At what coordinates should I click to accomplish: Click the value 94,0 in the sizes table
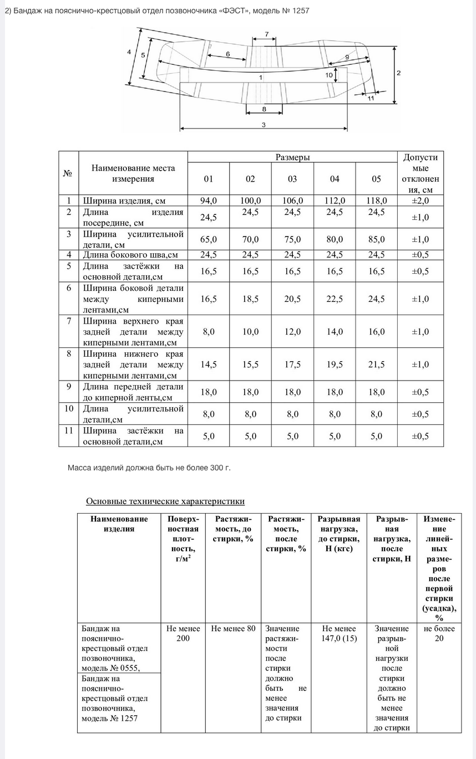pos(208,201)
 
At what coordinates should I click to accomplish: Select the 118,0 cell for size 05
pos(377,201)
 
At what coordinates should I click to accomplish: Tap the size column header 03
pos(292,179)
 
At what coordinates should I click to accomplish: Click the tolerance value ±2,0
pos(420,201)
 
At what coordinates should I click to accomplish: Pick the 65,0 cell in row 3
pos(208,239)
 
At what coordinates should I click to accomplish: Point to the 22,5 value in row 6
pos(335,299)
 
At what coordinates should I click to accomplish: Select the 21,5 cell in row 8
pos(377,365)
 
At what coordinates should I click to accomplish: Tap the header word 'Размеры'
pos(292,157)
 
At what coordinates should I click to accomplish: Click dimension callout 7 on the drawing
pos(267,34)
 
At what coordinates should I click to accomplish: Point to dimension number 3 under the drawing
pos(264,125)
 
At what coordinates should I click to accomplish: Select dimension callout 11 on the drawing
pos(371,98)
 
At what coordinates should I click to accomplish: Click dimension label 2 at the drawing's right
pos(398,73)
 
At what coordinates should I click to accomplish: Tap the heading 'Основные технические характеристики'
pos(165,501)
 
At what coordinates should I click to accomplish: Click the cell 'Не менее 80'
pos(234,628)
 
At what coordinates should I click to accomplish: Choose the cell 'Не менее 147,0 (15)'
pos(339,633)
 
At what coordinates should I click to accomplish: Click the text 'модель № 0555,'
pos(111,668)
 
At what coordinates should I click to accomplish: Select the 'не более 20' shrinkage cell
pos(439,633)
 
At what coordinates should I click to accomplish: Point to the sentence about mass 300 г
pos(149,468)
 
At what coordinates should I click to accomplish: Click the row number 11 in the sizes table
pos(69,430)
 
